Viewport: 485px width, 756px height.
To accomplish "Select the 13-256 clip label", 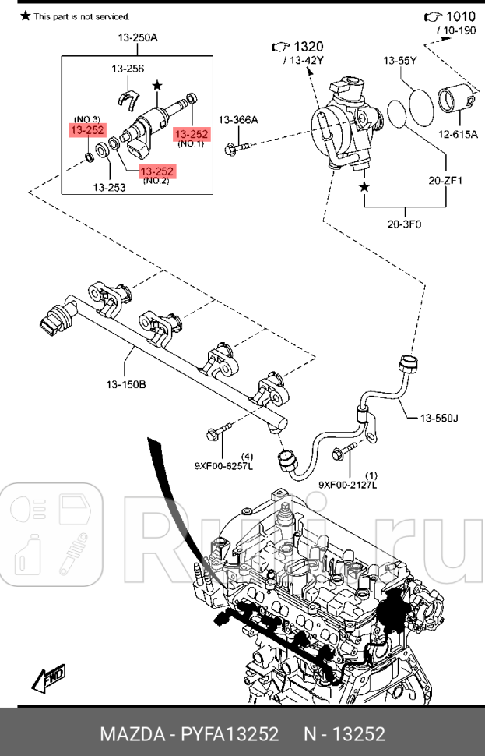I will (128, 69).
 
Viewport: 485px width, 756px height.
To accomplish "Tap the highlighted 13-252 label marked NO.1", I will (192, 133).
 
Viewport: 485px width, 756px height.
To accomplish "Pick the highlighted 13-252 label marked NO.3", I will (89, 130).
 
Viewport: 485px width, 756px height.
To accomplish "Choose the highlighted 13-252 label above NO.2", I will (157, 171).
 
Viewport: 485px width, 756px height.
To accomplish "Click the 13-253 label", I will (110, 187).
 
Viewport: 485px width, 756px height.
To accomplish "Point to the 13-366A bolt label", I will (237, 119).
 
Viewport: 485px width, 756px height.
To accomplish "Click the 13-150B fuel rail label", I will (126, 383).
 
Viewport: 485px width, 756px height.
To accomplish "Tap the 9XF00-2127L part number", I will (347, 485).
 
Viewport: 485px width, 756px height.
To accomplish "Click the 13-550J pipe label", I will (439, 419).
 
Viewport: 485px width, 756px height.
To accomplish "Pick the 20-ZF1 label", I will (445, 181).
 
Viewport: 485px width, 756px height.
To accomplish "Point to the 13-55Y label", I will (400, 60).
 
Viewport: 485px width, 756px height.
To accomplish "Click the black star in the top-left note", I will (25, 16).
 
